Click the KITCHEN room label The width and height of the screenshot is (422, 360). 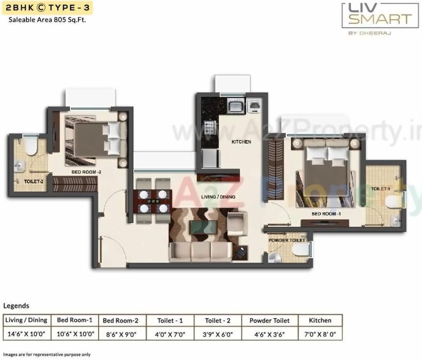[x=241, y=142]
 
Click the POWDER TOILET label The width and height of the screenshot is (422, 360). [x=287, y=240]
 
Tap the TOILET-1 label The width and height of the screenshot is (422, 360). [x=381, y=189]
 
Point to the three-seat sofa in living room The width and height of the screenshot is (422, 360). [x=200, y=252]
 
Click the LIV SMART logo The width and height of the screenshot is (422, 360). [x=380, y=15]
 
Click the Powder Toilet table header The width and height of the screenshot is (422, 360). [x=266, y=321]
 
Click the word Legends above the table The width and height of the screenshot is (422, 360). [x=17, y=306]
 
